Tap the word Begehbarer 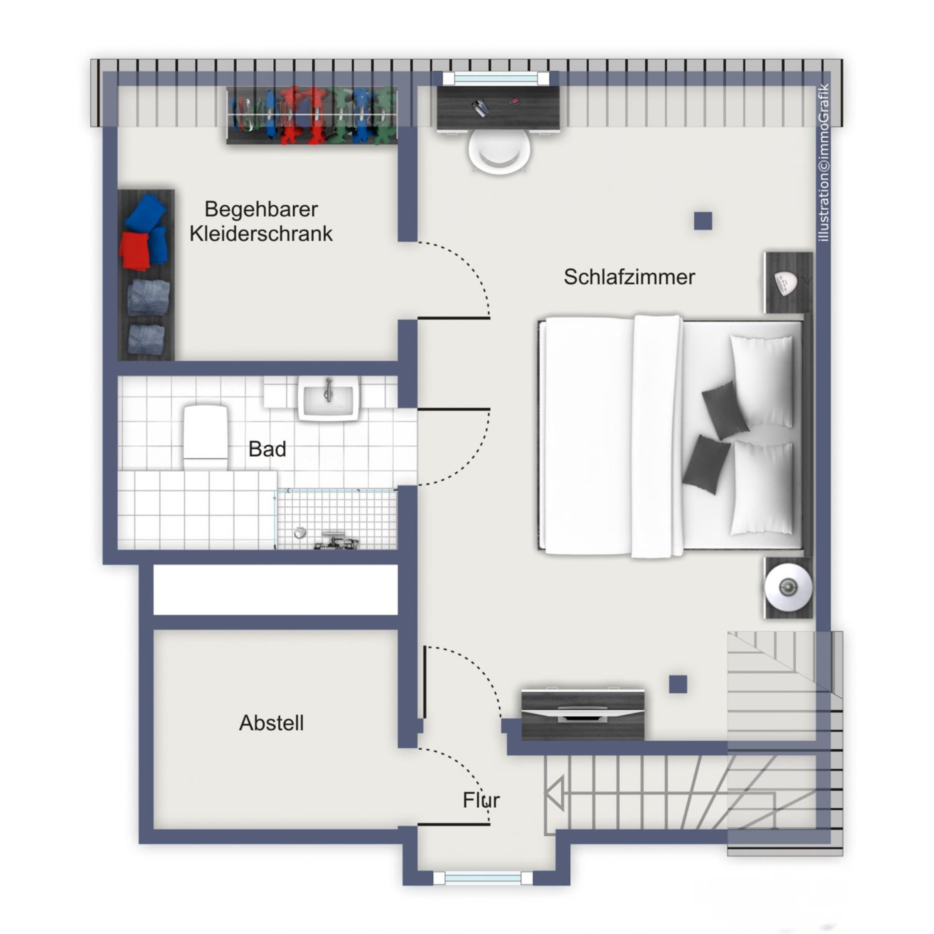(261, 209)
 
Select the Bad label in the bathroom (267, 449)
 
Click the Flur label (481, 800)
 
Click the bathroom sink (329, 398)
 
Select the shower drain (300, 533)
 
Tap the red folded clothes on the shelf (134, 251)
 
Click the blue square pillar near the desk (703, 221)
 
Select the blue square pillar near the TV (678, 684)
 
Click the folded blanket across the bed (657, 436)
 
